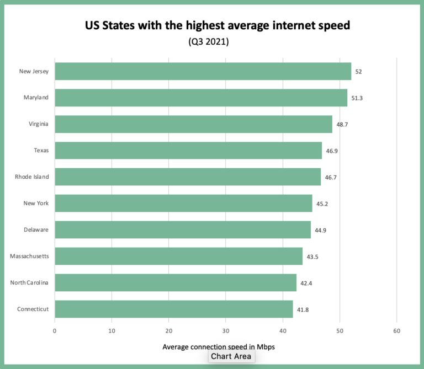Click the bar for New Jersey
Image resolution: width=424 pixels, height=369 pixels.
point(203,71)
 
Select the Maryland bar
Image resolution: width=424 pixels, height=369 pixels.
point(201,98)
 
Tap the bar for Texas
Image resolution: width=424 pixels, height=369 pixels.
point(188,151)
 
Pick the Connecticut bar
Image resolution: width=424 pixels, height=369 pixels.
point(174,309)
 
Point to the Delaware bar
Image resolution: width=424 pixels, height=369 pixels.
point(183,230)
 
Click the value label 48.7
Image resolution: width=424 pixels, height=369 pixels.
point(342,125)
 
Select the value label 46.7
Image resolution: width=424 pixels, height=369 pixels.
point(331,178)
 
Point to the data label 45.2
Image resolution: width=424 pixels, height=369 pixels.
point(322,204)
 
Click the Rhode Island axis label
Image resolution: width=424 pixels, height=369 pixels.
point(32,177)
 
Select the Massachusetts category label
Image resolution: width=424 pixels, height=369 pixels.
point(29,256)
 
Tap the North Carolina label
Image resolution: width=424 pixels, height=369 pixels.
point(29,283)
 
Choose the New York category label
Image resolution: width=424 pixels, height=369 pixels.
point(36,204)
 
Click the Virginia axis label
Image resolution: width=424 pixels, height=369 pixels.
point(39,124)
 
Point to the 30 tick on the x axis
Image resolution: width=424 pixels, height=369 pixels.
point(225,331)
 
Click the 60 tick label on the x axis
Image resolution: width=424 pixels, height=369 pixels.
point(396,331)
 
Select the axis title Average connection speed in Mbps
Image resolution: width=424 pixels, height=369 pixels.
point(219,347)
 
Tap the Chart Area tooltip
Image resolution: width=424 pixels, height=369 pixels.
point(231,356)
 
